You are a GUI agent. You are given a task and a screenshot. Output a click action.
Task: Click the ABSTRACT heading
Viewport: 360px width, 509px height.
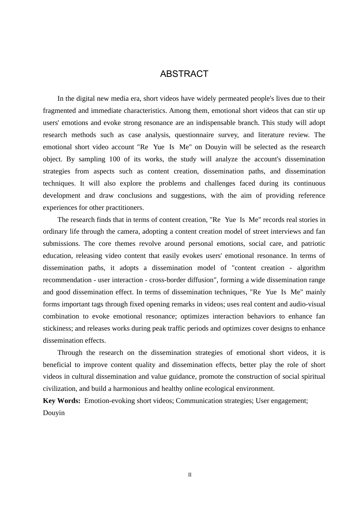tap(184, 74)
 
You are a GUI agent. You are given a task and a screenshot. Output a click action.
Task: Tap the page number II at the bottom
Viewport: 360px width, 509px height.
tap(190, 475)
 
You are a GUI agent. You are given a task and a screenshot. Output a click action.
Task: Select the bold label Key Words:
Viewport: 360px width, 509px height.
tap(61, 401)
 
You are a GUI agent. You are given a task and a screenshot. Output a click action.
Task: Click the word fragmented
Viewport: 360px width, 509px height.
tap(60, 111)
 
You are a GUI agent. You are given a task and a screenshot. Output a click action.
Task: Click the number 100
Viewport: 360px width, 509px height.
tap(114, 159)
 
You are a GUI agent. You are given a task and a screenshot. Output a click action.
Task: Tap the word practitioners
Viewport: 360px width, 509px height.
tap(125, 208)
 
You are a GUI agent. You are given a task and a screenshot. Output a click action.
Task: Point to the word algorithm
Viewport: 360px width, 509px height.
tap(311, 268)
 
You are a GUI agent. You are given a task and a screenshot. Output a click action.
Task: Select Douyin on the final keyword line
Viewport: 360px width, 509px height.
tap(54, 413)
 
